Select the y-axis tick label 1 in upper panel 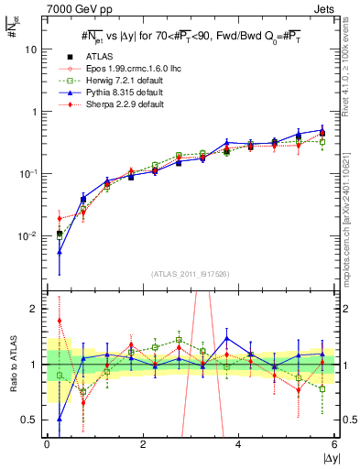[x=34, y=112]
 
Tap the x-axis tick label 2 [x=143, y=444]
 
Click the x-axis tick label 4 [x=238, y=444]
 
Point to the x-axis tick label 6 [x=334, y=444]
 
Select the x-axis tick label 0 [x=47, y=444]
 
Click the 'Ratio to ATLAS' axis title [x=11, y=365]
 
